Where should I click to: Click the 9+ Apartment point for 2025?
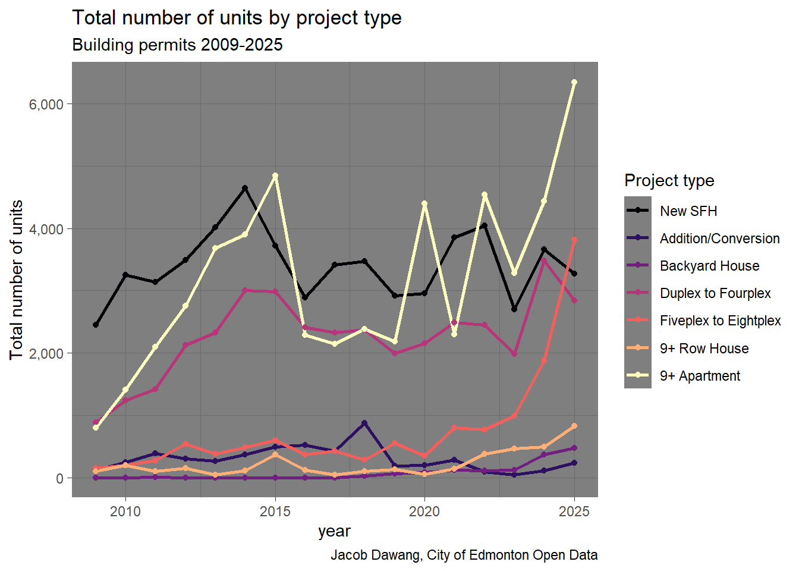click(574, 82)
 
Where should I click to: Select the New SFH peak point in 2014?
click(245, 188)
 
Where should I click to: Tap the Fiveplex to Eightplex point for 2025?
click(574, 240)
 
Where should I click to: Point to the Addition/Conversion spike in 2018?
click(364, 423)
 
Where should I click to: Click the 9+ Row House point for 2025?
click(574, 426)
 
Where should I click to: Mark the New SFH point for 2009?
click(96, 325)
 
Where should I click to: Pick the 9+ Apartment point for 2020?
click(424, 203)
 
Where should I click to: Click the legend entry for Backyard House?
click(709, 266)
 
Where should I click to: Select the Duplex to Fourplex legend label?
click(715, 293)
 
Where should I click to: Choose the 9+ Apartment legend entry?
click(700, 376)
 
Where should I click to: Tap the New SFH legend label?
click(688, 211)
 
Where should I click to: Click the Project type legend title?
click(669, 180)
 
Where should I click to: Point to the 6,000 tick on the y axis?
click(46, 104)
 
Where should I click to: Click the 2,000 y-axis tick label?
click(46, 353)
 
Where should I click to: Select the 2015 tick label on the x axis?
click(275, 512)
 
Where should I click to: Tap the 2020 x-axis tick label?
click(424, 512)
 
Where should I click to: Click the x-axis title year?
click(334, 531)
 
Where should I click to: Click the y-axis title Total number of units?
click(17, 280)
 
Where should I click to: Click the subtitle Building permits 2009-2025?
click(177, 45)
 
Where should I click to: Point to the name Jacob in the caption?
click(348, 556)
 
